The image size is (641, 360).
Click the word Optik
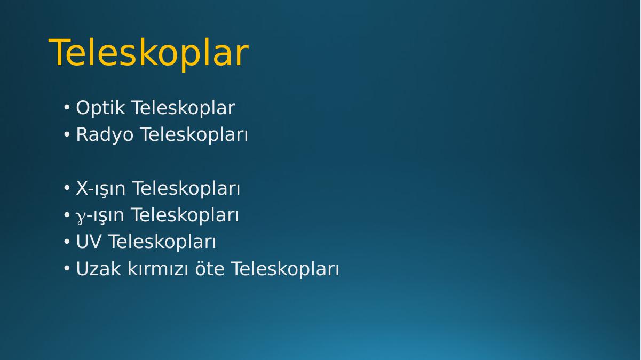(101, 109)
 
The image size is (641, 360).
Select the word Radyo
(105, 135)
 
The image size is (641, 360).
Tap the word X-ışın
(101, 189)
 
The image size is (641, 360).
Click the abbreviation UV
(89, 242)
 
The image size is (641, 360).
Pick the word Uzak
(98, 269)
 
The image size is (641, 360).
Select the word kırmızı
(157, 269)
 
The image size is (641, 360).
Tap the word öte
(210, 269)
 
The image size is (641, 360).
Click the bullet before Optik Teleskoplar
(67, 108)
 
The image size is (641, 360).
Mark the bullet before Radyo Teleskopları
(67, 134)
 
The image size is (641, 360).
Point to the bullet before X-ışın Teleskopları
(67, 188)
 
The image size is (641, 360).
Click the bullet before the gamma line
(67, 215)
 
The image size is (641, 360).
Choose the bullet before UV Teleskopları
(67, 242)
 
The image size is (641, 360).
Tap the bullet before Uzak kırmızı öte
(67, 268)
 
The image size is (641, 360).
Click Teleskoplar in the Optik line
(184, 108)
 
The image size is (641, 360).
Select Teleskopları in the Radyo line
(194, 135)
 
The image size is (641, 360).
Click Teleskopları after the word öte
(285, 269)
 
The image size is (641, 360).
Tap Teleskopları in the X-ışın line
(186, 189)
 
